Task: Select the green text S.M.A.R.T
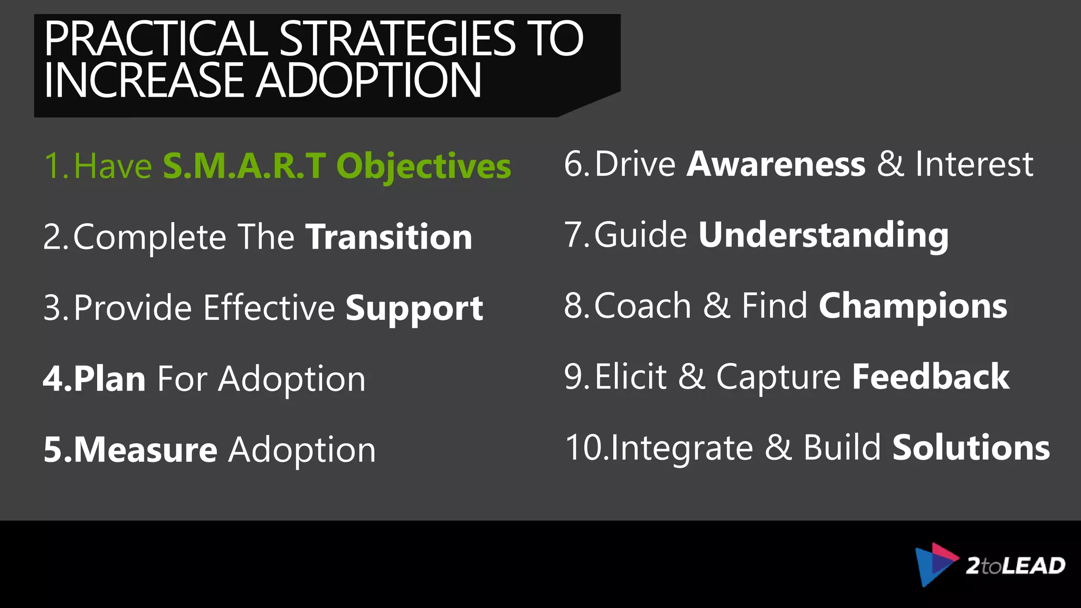[244, 166]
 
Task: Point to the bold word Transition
[389, 237]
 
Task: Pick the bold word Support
[414, 308]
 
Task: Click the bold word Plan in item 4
[110, 379]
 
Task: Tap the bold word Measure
[145, 450]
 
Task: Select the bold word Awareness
[776, 164]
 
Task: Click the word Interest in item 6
[974, 164]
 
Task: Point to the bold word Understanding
[823, 235]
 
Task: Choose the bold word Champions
[913, 306]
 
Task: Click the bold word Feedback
[931, 377]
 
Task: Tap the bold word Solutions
[971, 448]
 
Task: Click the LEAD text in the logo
[1033, 566]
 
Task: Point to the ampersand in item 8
[716, 306]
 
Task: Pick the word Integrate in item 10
[682, 449]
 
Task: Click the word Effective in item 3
[269, 308]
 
